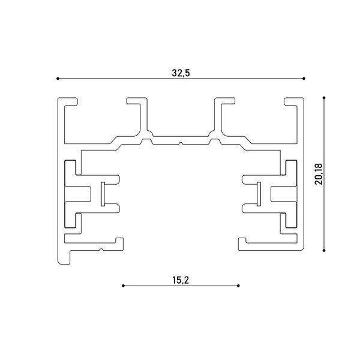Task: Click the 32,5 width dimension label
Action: click(x=181, y=73)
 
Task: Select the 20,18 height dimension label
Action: click(x=319, y=174)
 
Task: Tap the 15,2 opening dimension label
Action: click(x=181, y=280)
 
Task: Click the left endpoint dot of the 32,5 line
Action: click(x=58, y=79)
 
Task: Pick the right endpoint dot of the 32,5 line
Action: click(x=304, y=79)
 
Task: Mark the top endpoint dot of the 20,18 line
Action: click(x=324, y=98)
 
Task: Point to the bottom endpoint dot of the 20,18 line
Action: click(x=324, y=250)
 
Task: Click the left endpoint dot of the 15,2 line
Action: click(x=123, y=286)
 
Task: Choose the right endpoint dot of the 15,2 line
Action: click(x=238, y=286)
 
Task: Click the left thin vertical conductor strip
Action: click(x=103, y=194)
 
